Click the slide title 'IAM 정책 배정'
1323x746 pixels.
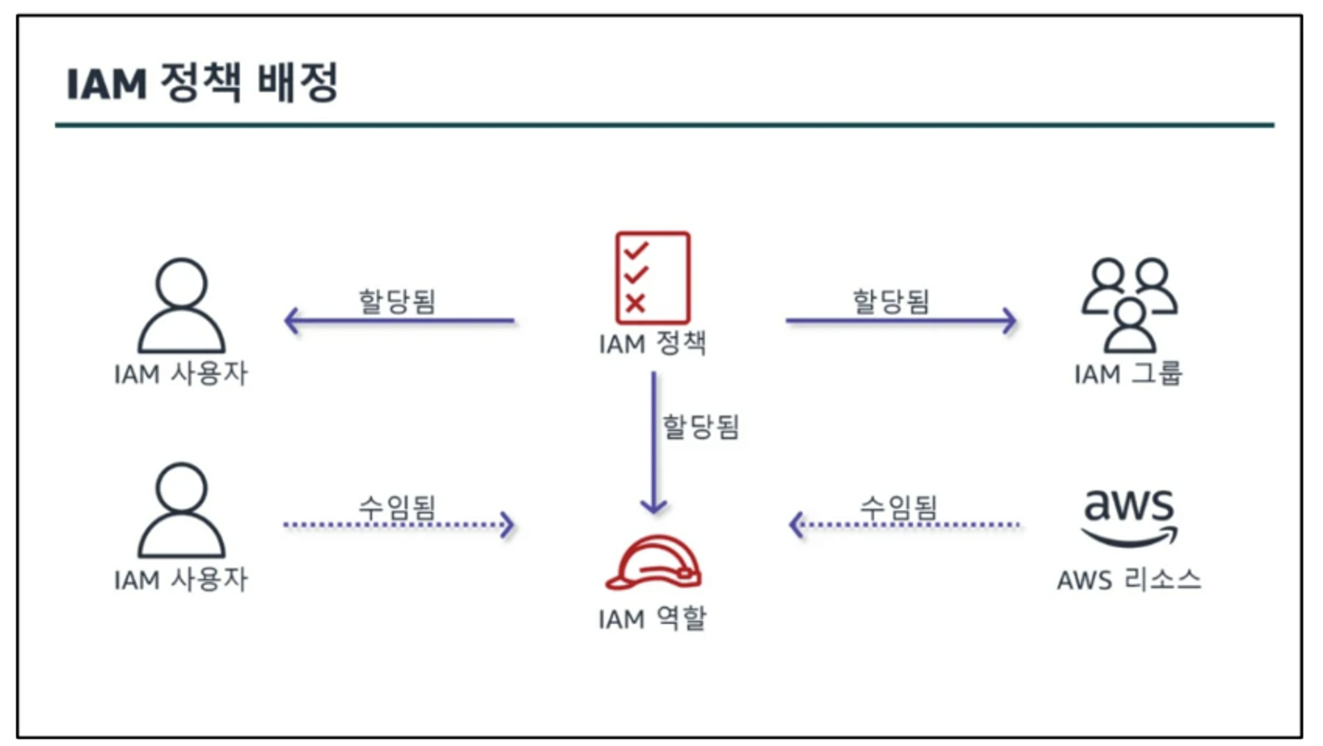click(202, 84)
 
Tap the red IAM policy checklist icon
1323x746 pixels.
click(652, 278)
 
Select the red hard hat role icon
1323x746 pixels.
click(654, 563)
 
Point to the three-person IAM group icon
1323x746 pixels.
click(1129, 304)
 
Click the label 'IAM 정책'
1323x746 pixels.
click(652, 344)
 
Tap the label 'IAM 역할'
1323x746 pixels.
click(652, 619)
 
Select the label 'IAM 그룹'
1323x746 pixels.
click(1128, 374)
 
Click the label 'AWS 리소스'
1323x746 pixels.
click(1129, 580)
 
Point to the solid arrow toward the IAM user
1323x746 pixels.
click(400, 321)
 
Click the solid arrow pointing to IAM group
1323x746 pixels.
click(901, 321)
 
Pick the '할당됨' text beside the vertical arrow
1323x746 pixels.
click(701, 427)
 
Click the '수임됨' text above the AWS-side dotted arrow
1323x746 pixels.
click(898, 506)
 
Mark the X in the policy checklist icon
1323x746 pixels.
click(635, 304)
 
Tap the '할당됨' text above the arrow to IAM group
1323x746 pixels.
click(890, 301)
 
